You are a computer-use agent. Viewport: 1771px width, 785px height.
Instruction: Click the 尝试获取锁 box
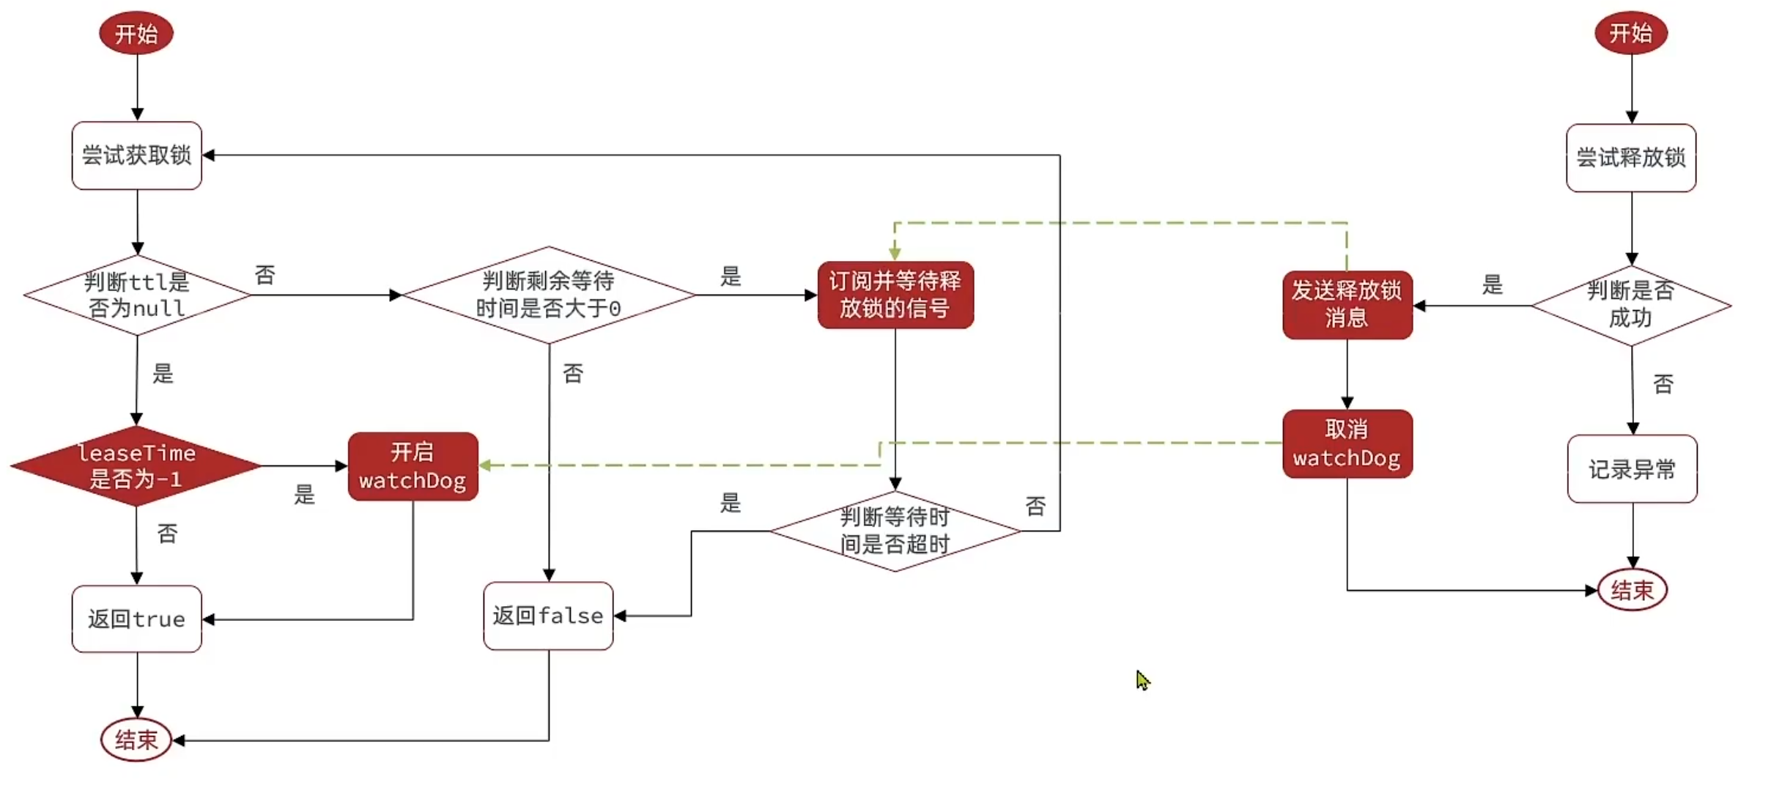coord(136,155)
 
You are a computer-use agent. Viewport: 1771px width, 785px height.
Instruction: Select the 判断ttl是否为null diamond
coord(136,295)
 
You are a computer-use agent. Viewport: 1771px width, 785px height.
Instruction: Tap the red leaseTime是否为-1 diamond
coord(136,465)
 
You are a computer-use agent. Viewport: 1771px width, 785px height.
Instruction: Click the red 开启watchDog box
coord(413,466)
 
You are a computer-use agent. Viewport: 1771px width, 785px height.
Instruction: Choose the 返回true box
coord(136,619)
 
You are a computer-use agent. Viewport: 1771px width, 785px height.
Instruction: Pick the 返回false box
coord(548,616)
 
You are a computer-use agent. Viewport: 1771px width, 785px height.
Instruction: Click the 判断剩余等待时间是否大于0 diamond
coord(548,295)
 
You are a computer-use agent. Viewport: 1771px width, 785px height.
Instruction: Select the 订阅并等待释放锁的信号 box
coord(895,295)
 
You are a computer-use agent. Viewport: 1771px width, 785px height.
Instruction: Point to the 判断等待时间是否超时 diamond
coord(895,531)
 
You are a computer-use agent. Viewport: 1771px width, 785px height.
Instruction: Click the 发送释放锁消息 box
coord(1347,304)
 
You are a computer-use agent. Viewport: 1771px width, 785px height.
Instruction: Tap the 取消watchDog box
coord(1347,443)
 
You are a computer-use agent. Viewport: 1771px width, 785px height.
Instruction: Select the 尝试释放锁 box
coord(1630,158)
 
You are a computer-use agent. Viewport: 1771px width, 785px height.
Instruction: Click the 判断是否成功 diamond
coord(1630,305)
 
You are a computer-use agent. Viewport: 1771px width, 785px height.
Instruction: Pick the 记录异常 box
coord(1632,469)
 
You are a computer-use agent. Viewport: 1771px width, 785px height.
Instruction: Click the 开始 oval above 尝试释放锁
coord(1630,33)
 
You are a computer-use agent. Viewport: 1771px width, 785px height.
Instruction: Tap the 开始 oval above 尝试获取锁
coord(136,33)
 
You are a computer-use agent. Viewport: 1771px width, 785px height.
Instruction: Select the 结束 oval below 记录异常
coord(1632,589)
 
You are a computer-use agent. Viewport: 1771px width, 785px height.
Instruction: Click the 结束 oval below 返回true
coord(136,740)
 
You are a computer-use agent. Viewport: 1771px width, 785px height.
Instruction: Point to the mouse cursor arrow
coord(1142,679)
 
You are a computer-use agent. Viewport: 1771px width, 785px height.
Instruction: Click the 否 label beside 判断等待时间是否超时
coord(1035,506)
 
